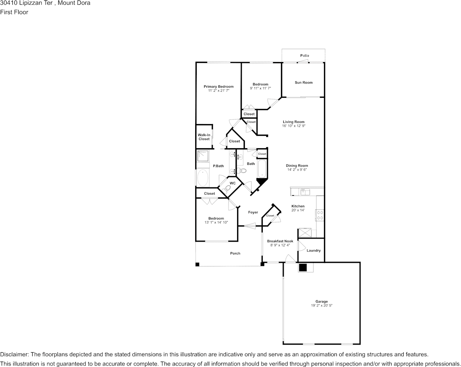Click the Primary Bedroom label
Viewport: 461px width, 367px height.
[218, 87]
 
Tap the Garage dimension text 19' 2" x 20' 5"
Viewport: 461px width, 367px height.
[322, 305]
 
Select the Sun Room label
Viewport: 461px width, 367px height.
[304, 83]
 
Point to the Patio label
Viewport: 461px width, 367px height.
[305, 55]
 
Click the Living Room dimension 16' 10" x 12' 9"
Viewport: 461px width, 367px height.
[294, 126]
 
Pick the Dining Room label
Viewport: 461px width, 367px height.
[297, 165]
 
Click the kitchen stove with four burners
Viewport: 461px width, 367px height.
[320, 215]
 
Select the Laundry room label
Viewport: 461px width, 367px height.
[314, 251]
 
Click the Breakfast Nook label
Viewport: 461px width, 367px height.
[280, 241]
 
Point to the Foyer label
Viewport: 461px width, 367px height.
[253, 213]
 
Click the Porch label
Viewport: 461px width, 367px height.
[235, 253]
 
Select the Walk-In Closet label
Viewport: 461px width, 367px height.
[204, 137]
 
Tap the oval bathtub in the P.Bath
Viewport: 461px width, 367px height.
[203, 178]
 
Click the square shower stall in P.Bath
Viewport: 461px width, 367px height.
[203, 156]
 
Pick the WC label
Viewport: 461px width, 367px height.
[232, 183]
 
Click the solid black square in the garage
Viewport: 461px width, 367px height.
[303, 267]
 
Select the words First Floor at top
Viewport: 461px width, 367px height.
[14, 12]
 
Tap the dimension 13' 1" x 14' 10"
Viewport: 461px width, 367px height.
[217, 222]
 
